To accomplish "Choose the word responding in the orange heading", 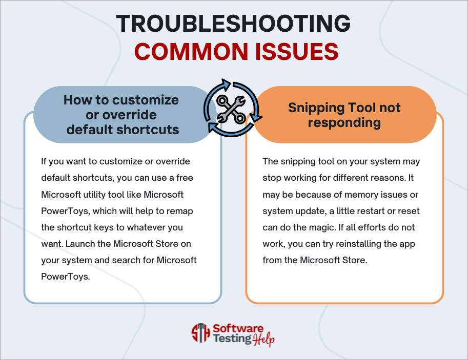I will pos(344,122).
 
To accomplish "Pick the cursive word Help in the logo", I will pos(264,339).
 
